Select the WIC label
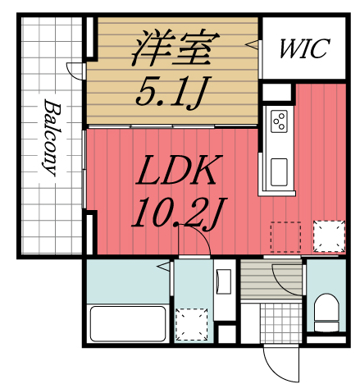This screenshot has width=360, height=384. click(x=302, y=48)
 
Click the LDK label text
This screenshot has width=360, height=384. click(x=175, y=173)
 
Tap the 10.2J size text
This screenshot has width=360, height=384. click(x=175, y=215)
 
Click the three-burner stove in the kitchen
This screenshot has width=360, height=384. click(x=278, y=121)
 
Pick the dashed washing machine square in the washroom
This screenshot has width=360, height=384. click(x=194, y=322)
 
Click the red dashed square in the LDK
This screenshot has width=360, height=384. click(x=285, y=236)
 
